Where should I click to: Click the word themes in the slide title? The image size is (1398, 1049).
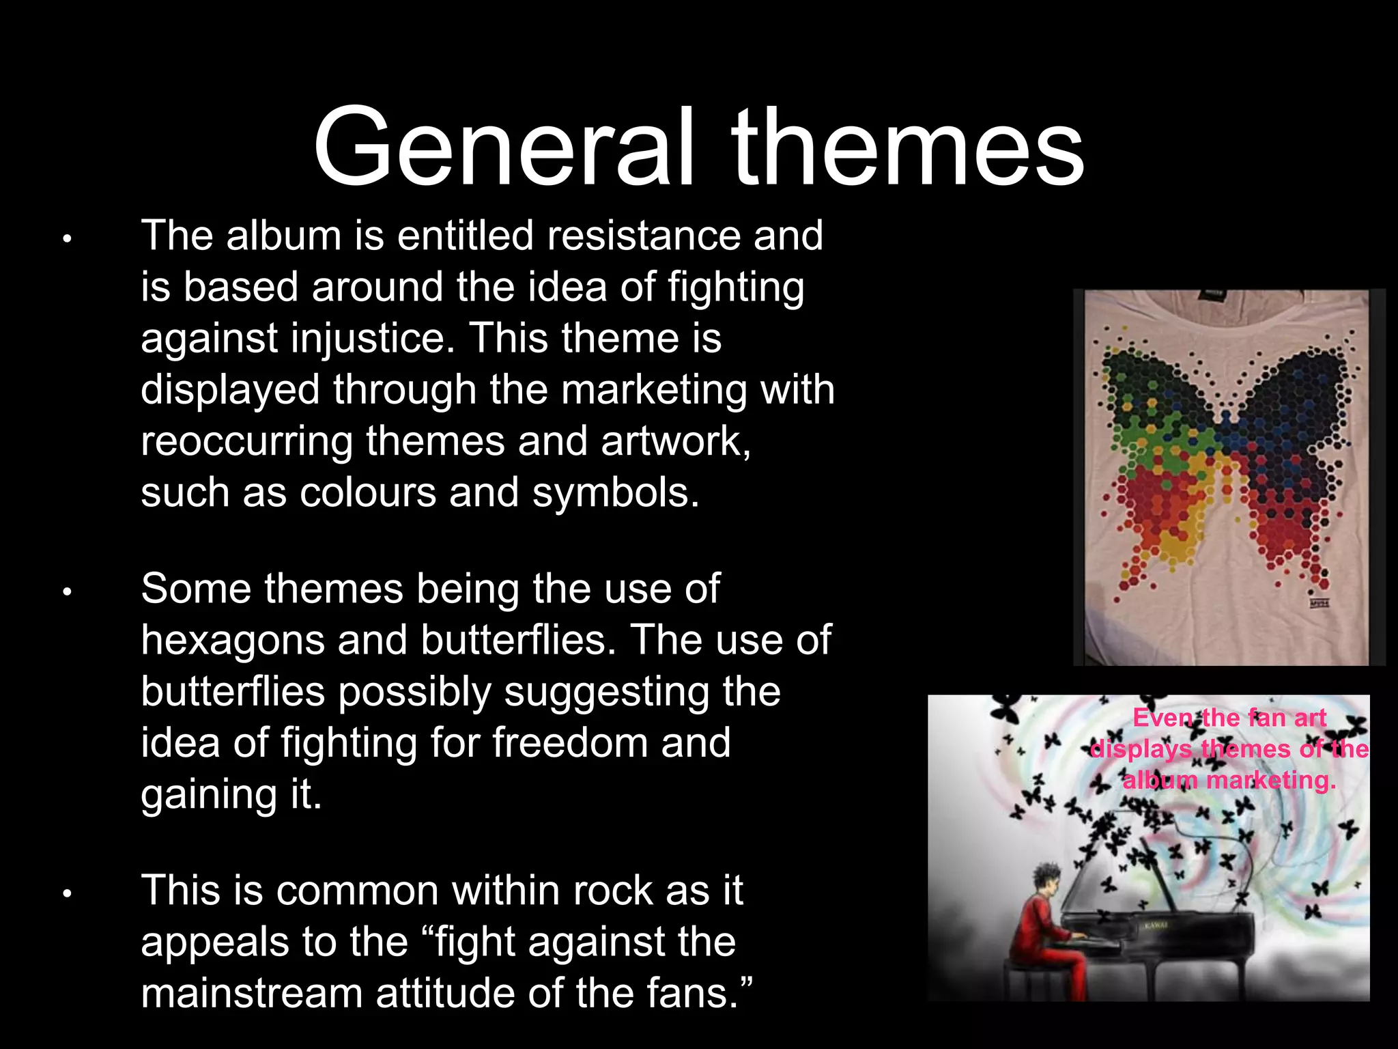tap(908, 147)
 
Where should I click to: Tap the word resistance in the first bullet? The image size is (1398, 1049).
tap(643, 236)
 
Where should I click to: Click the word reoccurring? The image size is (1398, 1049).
tap(246, 441)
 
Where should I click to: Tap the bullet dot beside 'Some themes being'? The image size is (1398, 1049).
tap(67, 591)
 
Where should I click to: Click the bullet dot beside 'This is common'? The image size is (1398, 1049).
tap(67, 893)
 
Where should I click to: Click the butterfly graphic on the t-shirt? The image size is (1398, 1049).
tap(1225, 464)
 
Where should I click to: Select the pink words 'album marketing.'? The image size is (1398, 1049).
tap(1229, 780)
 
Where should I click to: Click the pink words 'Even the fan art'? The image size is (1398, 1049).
tap(1229, 718)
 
